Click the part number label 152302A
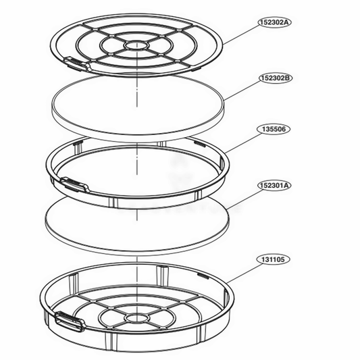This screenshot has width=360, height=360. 272,22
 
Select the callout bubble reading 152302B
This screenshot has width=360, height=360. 272,78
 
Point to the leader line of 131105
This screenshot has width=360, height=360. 243,268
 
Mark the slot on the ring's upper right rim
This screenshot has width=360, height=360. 199,144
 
